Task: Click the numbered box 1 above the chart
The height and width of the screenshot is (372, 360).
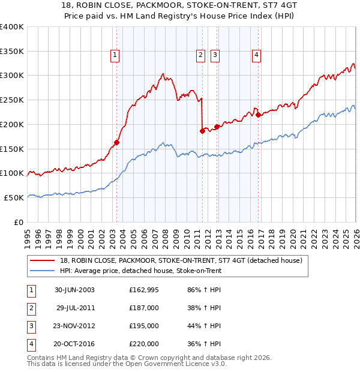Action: point(114,55)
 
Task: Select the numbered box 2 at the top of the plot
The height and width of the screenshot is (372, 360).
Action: point(200,55)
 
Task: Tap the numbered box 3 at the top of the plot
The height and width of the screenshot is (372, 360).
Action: point(215,55)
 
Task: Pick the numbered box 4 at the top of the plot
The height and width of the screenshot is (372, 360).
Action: point(256,55)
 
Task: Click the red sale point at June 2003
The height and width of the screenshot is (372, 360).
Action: point(117,142)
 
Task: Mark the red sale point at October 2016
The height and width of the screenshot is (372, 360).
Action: point(258,115)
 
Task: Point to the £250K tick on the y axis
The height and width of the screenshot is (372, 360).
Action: point(12,100)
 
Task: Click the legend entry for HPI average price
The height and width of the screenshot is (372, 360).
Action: point(141,271)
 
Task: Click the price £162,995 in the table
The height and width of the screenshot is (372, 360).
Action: point(143,290)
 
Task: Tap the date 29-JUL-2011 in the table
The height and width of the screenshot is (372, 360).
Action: point(75,308)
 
